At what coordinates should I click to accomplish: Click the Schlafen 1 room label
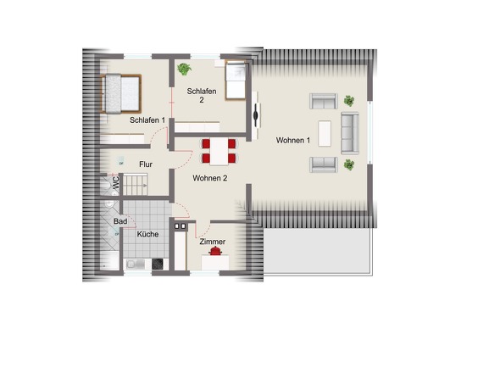click(x=147, y=120)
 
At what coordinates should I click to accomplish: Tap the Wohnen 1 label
click(x=293, y=140)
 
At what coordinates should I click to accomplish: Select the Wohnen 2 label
click(x=210, y=178)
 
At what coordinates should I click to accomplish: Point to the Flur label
click(x=146, y=164)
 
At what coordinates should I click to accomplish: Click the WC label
click(x=116, y=182)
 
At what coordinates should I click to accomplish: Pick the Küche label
click(x=147, y=234)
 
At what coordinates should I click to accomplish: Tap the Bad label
click(x=120, y=221)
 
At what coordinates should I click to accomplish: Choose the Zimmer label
click(x=213, y=242)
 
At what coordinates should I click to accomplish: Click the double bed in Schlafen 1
click(x=120, y=94)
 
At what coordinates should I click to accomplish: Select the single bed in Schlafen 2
click(x=236, y=81)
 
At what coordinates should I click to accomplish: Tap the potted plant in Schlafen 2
click(x=184, y=69)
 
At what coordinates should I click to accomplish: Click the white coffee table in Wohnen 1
click(x=325, y=133)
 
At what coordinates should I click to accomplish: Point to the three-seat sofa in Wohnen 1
click(x=350, y=133)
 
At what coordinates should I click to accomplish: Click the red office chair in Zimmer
click(x=215, y=251)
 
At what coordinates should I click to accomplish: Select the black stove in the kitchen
click(x=158, y=264)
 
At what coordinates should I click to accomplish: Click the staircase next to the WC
click(x=136, y=184)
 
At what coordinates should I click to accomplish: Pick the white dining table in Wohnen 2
click(x=219, y=151)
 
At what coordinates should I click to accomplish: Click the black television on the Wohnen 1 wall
click(x=256, y=115)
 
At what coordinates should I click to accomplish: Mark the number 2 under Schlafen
click(x=202, y=100)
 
